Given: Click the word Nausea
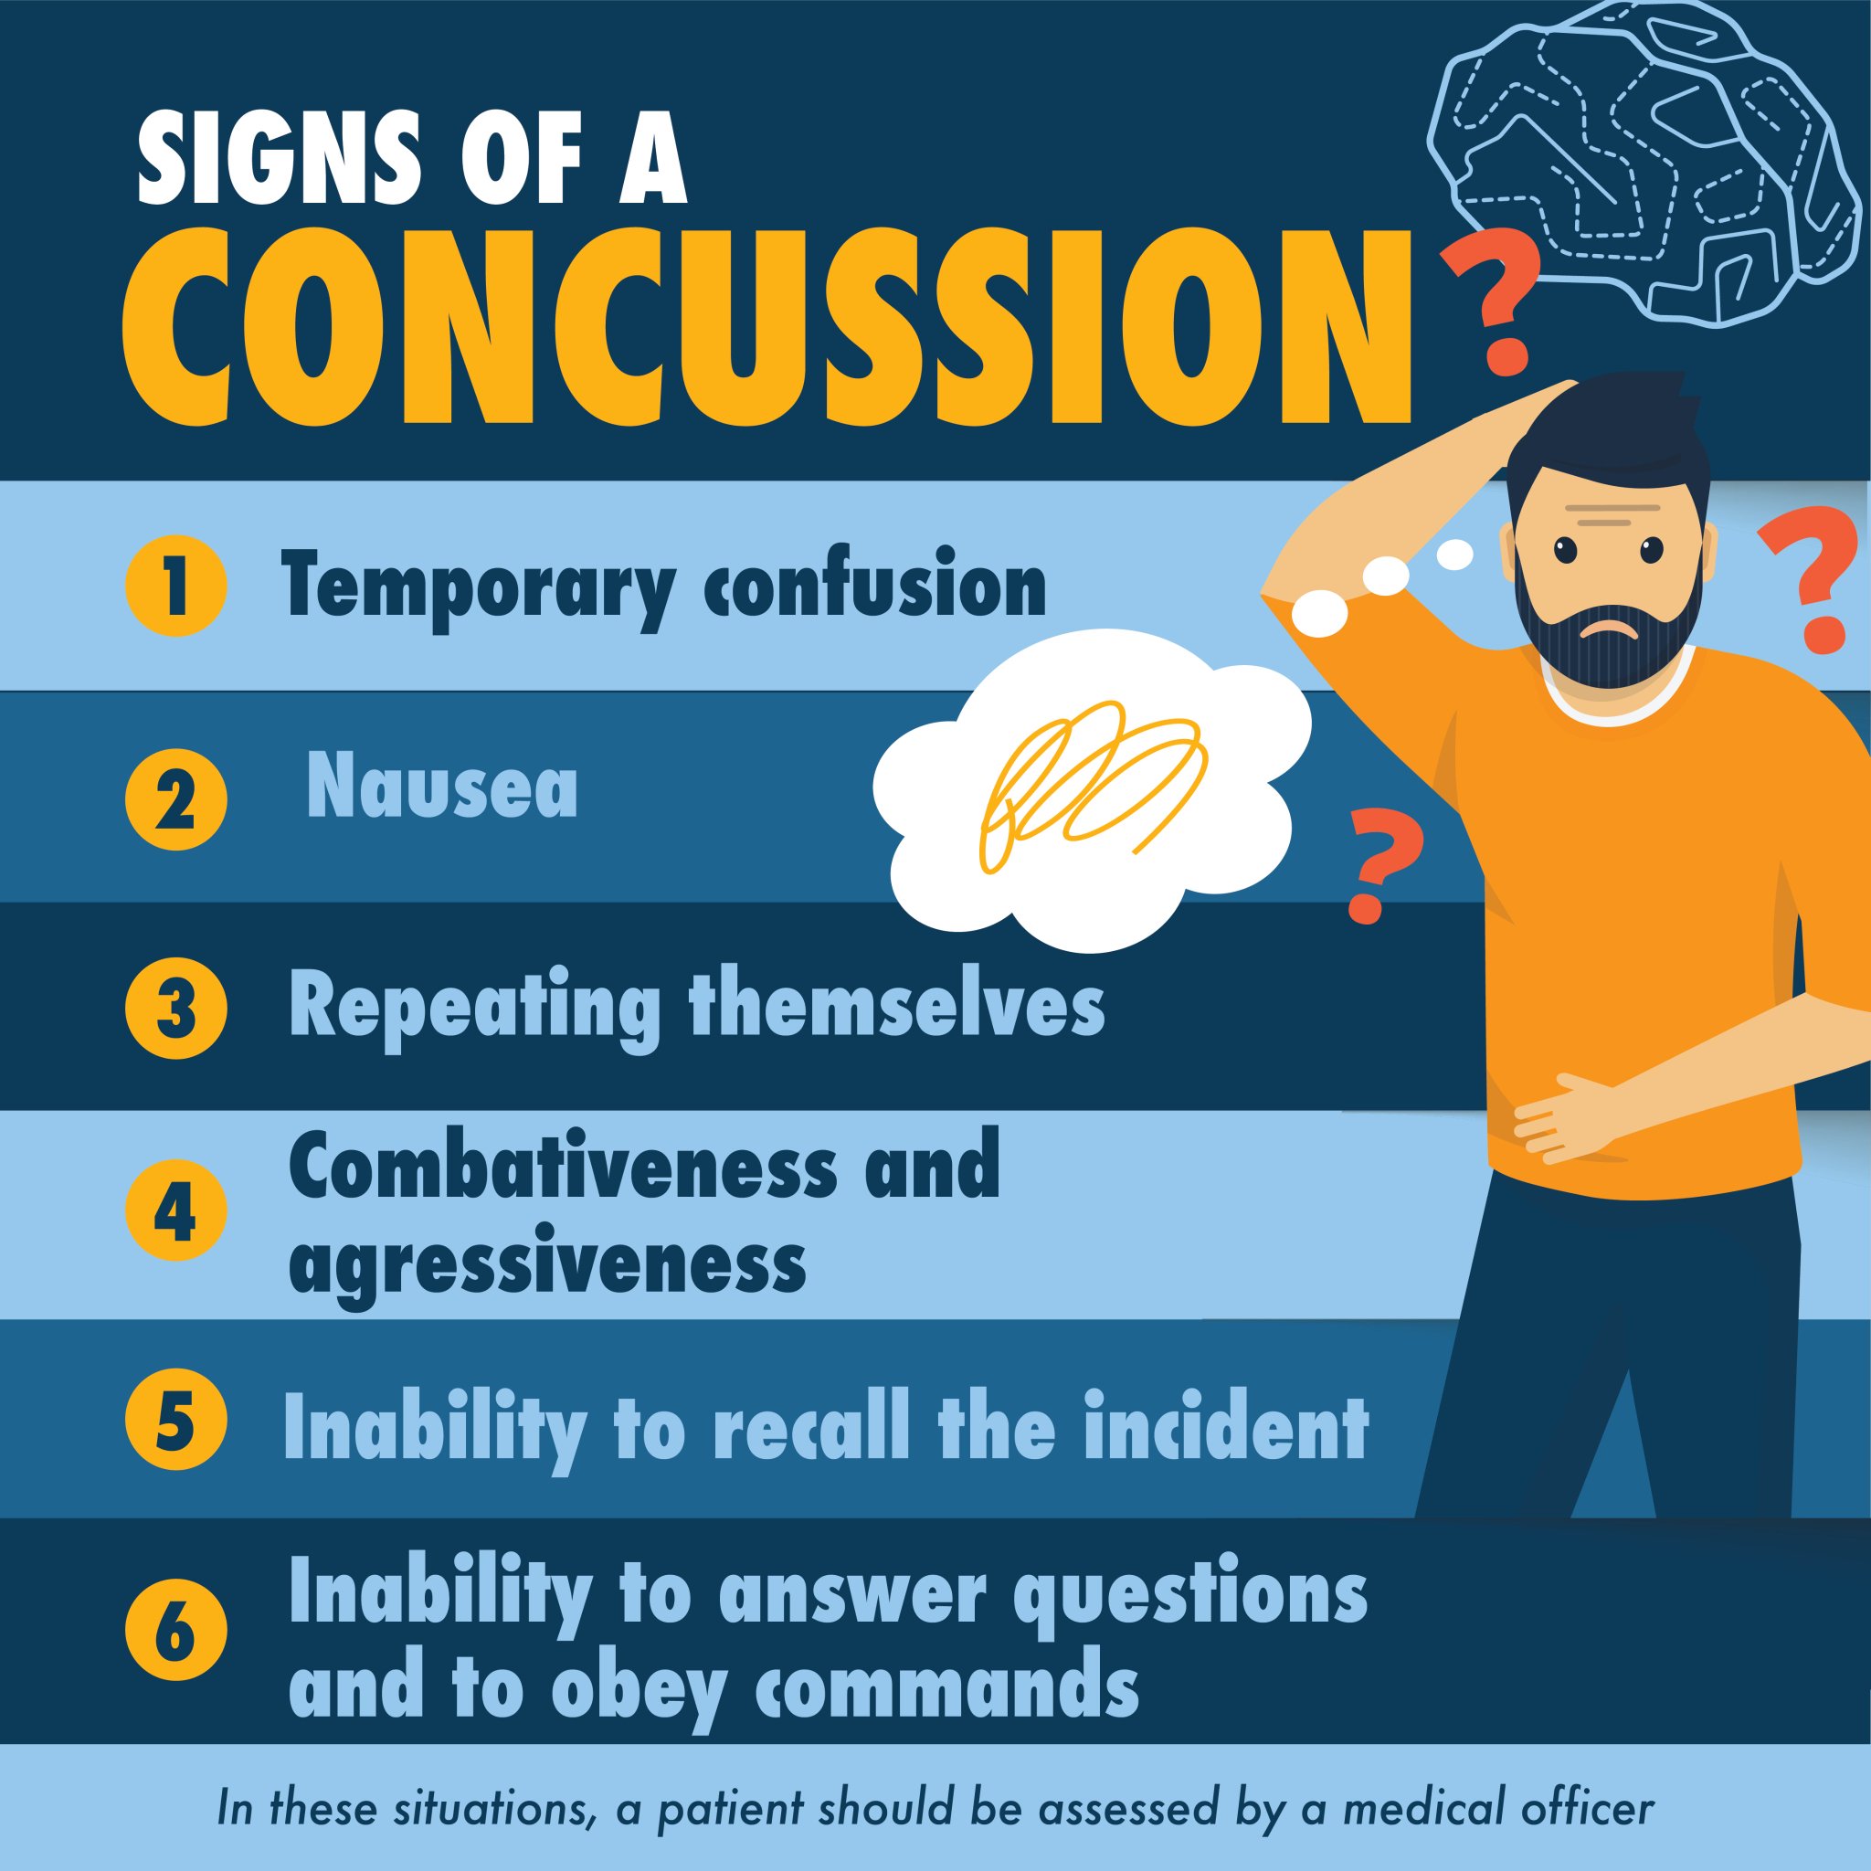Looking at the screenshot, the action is point(442,788).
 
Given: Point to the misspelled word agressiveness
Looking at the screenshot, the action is point(547,1263).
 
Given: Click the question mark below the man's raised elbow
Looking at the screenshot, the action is point(1380,862).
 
